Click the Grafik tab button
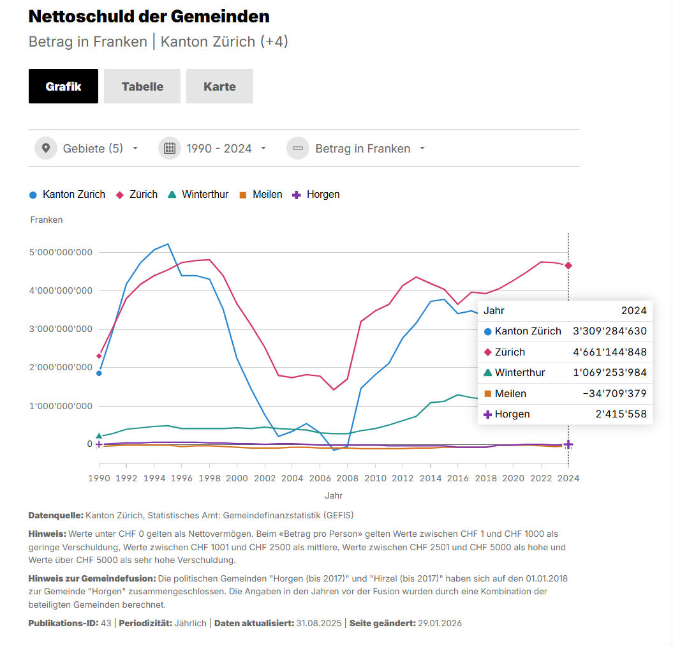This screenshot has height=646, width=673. (x=63, y=86)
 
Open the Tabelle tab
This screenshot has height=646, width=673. (x=142, y=86)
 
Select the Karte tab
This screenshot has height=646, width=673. (x=219, y=86)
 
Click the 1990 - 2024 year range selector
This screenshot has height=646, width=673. (x=219, y=149)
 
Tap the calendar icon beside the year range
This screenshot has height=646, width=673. (x=170, y=149)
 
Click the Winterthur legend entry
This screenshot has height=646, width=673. (x=205, y=195)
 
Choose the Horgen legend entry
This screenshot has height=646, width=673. (x=323, y=195)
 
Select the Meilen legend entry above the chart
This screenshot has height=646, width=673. (x=267, y=195)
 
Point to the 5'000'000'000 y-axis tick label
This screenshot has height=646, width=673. (x=61, y=252)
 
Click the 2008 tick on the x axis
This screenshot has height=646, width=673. (x=348, y=477)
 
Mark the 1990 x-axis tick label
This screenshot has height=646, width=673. (x=99, y=477)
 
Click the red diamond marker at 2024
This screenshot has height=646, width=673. (x=568, y=266)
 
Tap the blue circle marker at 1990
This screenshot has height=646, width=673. (x=99, y=373)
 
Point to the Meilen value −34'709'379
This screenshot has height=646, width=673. (x=614, y=393)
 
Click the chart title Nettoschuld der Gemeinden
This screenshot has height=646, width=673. (x=149, y=17)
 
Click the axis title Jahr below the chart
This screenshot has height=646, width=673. (x=334, y=495)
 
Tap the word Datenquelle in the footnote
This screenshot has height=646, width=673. (x=55, y=515)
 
